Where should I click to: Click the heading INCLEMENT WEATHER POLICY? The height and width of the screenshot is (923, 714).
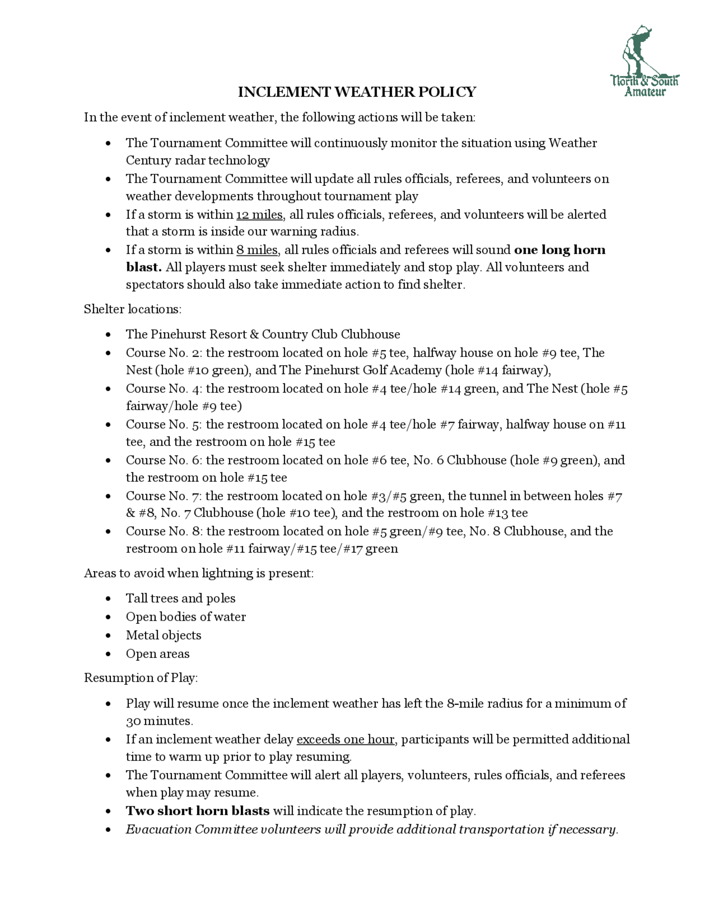pos(357,92)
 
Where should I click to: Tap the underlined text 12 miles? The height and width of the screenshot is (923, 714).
pos(259,215)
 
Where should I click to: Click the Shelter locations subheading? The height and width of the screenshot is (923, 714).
pos(132,309)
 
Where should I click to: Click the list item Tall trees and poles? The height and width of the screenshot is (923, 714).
pos(180,598)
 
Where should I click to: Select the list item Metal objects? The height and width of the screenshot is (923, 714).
pos(163,635)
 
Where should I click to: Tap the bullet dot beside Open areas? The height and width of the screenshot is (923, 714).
pos(109,654)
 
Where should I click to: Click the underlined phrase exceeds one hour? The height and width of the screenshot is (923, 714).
pos(345,740)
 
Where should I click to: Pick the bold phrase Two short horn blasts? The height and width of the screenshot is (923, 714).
pos(197,811)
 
